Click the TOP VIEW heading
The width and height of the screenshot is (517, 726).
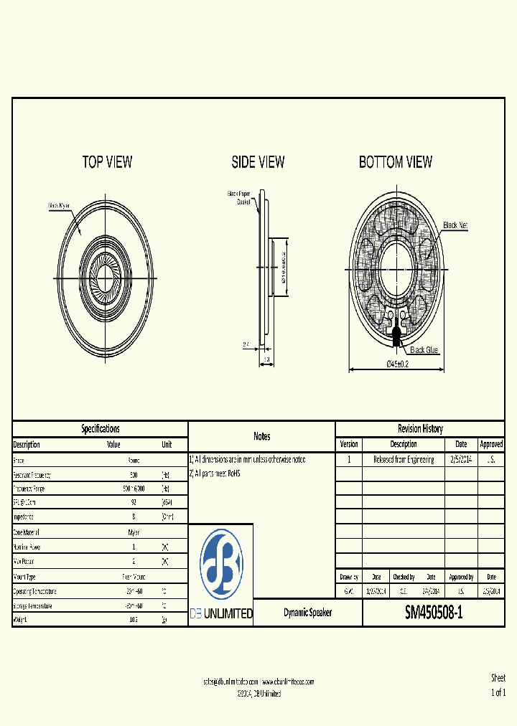[108, 162]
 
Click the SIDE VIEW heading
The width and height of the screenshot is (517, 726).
[258, 162]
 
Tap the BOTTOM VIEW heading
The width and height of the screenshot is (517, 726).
[396, 162]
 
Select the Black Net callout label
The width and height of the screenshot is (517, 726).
[455, 225]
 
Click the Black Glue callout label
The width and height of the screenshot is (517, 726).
[424, 350]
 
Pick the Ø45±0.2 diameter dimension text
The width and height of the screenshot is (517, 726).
[398, 364]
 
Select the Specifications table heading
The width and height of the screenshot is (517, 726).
[101, 429]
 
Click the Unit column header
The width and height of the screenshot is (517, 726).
[167, 445]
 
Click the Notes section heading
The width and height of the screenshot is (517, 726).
[261, 436]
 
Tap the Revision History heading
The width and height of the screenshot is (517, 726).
[420, 429]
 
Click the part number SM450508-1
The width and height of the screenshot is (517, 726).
[434, 613]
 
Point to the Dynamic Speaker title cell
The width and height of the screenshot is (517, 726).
[307, 613]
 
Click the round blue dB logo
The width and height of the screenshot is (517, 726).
[220, 565]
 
